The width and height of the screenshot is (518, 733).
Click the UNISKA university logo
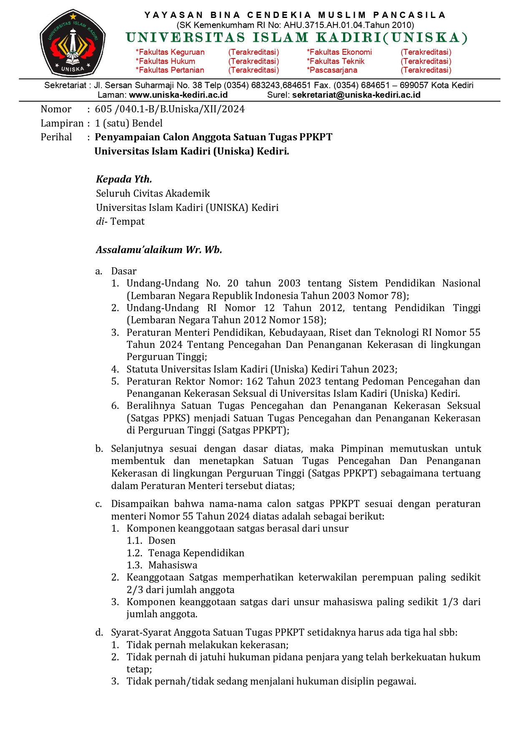(x=73, y=43)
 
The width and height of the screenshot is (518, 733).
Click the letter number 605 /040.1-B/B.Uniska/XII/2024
(x=169, y=109)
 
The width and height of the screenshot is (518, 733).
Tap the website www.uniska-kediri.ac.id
(x=178, y=95)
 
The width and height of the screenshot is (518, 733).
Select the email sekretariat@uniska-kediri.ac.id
(x=356, y=95)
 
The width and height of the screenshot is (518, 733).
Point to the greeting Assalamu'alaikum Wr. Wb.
(x=159, y=250)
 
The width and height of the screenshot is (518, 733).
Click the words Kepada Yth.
(x=124, y=179)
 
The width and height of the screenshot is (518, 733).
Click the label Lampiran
(x=62, y=123)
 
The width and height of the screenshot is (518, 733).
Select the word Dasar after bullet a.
(x=124, y=271)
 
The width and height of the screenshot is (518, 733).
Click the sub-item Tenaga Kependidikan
(x=196, y=553)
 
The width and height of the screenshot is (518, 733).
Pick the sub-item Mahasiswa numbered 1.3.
(x=173, y=565)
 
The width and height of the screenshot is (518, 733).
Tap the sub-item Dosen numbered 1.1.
(x=162, y=540)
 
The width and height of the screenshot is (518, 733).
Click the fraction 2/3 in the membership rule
(x=135, y=590)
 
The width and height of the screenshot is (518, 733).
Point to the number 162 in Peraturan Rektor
(x=255, y=381)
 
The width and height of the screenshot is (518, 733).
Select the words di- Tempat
(x=120, y=221)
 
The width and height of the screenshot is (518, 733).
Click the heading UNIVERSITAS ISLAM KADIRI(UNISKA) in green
(x=296, y=38)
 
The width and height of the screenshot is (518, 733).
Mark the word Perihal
(x=56, y=137)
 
